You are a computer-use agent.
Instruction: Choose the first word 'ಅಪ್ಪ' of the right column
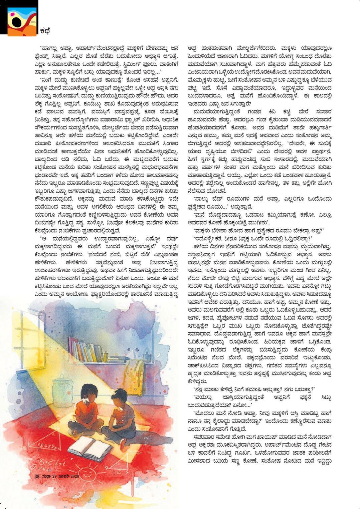[194, 48]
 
